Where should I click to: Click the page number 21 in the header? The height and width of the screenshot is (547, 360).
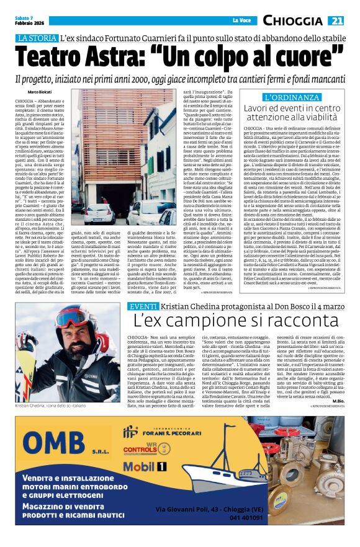336,21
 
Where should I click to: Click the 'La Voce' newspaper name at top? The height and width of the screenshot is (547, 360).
241,21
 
